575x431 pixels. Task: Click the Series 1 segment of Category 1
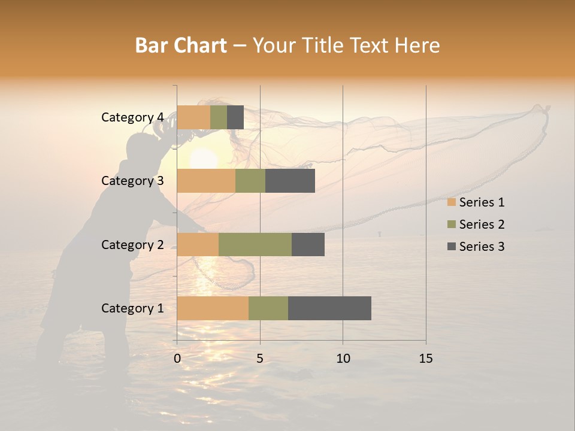tap(213, 308)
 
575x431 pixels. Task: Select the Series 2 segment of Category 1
tap(268, 308)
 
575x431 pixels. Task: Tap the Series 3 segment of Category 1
tap(329, 308)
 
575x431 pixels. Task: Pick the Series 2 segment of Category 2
tap(255, 244)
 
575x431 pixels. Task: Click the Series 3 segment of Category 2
tap(308, 244)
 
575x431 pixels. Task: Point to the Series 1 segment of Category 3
tap(206, 181)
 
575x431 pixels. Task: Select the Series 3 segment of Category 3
tap(290, 181)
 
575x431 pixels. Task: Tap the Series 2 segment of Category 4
tap(219, 117)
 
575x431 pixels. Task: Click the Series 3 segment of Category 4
tap(235, 117)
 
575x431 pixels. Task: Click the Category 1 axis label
tap(132, 308)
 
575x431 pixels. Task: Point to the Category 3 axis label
tap(132, 181)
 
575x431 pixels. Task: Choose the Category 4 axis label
tap(132, 117)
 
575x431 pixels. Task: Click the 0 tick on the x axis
tap(177, 359)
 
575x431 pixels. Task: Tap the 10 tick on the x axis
tap(343, 359)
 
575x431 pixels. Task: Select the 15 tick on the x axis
tap(426, 359)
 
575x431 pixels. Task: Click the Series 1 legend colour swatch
tap(452, 202)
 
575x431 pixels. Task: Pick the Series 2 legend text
tap(482, 224)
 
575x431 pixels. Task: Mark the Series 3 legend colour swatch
tap(452, 247)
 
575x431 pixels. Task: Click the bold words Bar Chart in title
tap(181, 45)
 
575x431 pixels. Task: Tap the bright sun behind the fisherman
tap(204, 159)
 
